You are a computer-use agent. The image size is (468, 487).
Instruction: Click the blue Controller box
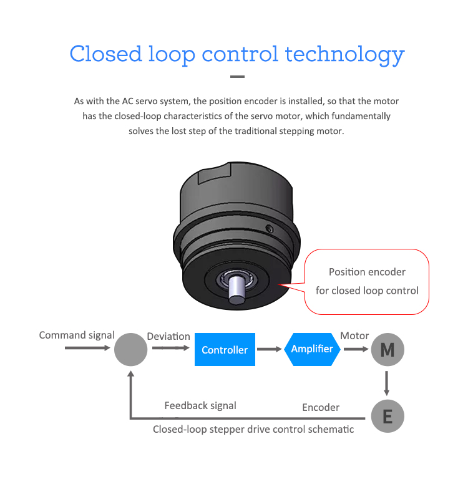225,350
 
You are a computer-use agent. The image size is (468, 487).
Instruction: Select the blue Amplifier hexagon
312,349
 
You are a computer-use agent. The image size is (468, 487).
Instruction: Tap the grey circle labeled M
388,350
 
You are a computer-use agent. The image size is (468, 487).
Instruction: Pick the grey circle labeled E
388,417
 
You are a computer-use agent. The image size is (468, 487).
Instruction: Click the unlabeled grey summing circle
131,349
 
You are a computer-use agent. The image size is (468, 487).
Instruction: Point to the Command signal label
77,335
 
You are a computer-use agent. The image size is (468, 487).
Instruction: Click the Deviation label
168,337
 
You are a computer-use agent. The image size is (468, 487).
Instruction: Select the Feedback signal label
200,406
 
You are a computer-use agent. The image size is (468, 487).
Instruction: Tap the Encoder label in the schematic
321,408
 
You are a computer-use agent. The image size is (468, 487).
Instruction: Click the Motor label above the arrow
354,336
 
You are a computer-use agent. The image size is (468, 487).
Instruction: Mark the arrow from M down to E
387,383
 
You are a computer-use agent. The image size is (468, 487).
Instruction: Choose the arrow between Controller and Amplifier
270,349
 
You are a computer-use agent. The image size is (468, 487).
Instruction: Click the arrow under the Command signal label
87,347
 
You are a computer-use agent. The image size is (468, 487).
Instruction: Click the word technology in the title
345,54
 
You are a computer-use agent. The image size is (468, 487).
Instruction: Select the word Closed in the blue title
105,54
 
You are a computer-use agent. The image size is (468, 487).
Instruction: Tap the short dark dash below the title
237,77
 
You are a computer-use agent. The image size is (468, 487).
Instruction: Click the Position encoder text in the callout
367,272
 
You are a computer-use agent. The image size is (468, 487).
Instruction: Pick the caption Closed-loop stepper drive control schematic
253,430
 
